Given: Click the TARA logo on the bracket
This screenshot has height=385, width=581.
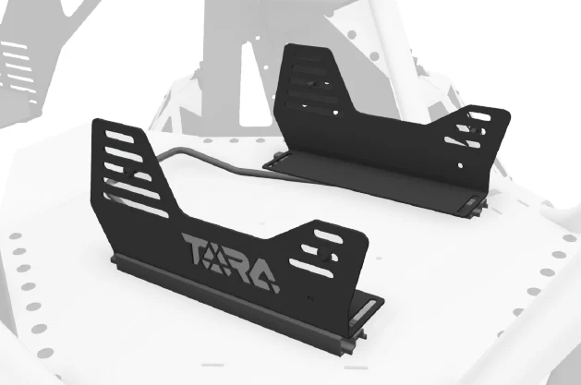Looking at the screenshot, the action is click(231, 262).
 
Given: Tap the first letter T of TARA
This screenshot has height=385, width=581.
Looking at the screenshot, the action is click(196, 248).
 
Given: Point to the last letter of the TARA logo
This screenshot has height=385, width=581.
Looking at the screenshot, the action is click(264, 277).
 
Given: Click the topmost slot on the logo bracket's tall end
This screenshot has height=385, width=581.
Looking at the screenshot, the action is click(119, 137).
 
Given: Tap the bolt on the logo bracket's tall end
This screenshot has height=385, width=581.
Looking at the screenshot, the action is click(129, 172).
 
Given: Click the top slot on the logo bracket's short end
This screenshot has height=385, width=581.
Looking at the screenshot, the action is click(328, 236).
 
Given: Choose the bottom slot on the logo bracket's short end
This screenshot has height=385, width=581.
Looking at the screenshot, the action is click(311, 268).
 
